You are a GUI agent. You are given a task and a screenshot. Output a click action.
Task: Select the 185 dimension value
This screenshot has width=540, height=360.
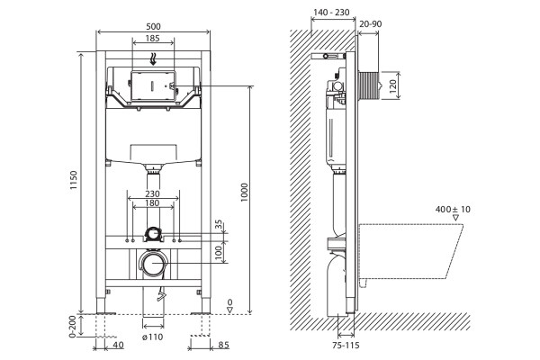coord(151,40)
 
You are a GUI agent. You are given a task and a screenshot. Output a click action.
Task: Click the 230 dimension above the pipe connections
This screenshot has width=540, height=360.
coord(151,194)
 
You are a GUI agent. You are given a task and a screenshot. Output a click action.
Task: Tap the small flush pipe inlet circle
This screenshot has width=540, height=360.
coord(153,234)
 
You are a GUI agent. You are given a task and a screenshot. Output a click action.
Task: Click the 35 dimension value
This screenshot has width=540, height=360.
coord(219,224)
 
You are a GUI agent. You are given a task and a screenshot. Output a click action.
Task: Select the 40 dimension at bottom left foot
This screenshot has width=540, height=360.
coord(119,344)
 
